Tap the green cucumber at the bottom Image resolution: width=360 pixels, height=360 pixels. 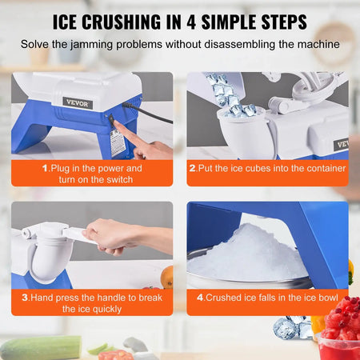(40, 347)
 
